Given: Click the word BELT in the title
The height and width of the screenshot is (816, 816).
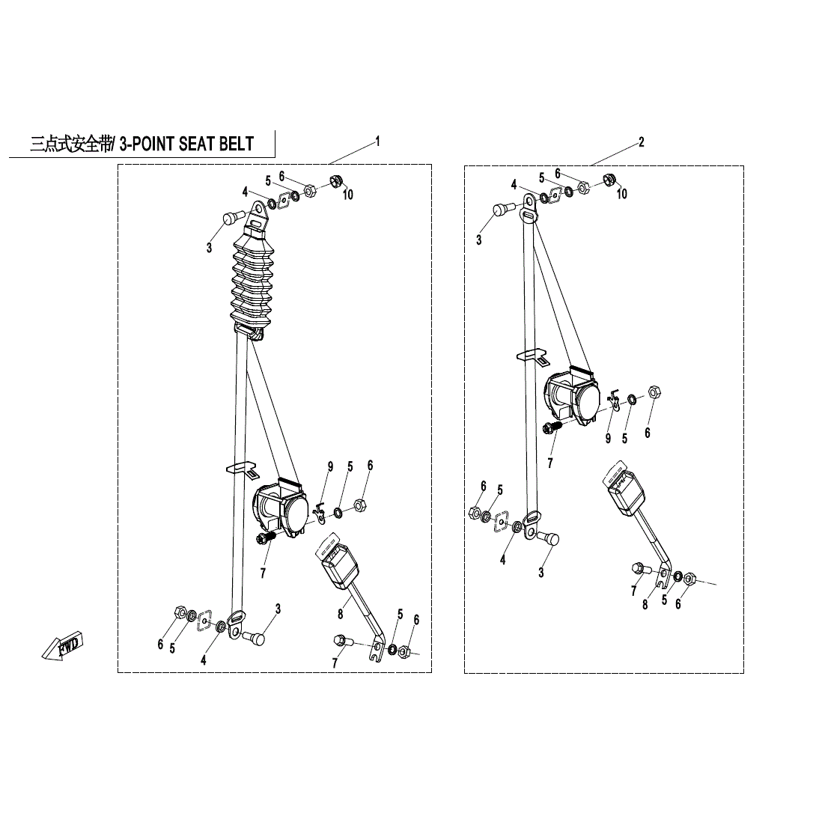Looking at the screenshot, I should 236,144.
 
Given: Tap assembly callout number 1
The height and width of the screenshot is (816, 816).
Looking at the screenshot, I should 378,141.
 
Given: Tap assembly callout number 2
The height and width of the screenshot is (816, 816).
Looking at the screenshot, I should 641,141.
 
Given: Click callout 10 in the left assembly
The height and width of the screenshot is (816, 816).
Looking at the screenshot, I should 348,195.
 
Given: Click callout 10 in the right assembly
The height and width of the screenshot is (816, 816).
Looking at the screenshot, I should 622,194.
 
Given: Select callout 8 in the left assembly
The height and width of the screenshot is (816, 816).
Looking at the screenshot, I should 341,614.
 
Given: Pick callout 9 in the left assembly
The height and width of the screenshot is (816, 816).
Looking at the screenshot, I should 329,466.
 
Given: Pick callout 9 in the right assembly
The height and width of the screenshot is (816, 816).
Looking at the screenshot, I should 608,439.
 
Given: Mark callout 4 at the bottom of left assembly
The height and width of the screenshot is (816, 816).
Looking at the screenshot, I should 203,660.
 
